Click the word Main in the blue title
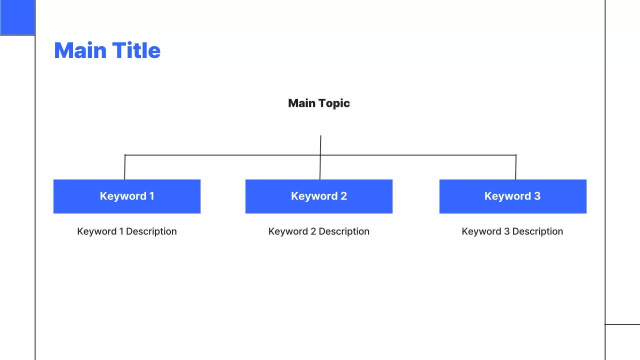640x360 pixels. (80, 50)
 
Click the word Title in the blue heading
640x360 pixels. (136, 50)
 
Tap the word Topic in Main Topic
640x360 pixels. (334, 103)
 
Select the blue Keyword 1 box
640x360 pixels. (127, 196)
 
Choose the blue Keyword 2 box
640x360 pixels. (319, 196)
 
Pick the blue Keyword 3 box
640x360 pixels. (513, 196)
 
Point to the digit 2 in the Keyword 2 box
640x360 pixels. (343, 196)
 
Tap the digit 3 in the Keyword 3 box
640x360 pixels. (537, 196)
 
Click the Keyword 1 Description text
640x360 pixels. (127, 231)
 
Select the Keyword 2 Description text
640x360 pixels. (319, 231)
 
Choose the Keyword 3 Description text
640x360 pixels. (512, 231)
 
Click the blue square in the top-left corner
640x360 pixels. (17, 17)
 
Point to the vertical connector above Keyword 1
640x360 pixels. (125, 167)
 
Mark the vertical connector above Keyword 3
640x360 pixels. (515, 167)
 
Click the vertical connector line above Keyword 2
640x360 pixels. (320, 157)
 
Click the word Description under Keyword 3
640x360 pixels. (537, 231)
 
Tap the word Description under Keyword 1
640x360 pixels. (151, 231)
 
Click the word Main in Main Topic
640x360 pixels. (302, 103)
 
